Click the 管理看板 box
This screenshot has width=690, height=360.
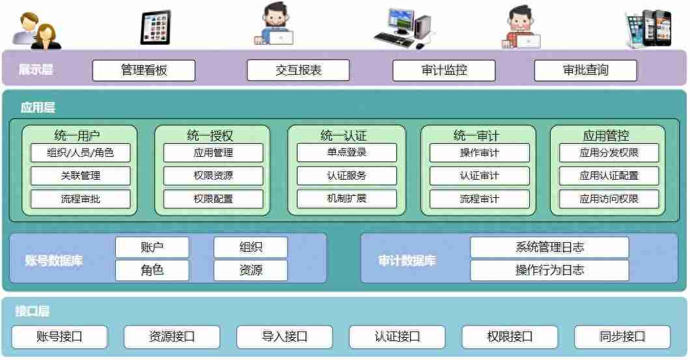[x=144, y=70]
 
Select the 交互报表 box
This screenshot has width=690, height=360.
[x=298, y=70]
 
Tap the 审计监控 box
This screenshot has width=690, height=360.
[x=444, y=70]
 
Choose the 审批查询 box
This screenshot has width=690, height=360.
[x=586, y=70]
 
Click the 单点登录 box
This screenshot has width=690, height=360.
[x=347, y=153]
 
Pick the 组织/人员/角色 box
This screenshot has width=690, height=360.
[x=81, y=153]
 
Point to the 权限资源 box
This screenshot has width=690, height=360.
[x=214, y=176]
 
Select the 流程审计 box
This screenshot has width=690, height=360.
[x=479, y=199]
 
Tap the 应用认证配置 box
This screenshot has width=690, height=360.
[x=609, y=176]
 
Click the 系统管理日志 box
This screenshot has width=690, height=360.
[x=549, y=247]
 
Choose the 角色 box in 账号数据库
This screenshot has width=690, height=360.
[x=152, y=270]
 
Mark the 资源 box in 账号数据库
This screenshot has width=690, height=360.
[x=251, y=270]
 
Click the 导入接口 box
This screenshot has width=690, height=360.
[x=284, y=337]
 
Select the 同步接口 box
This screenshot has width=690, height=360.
[x=622, y=337]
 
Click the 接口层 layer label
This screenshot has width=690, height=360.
[x=33, y=311]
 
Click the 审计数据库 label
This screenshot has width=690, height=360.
[x=407, y=261]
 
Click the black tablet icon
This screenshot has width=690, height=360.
[x=155, y=28]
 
